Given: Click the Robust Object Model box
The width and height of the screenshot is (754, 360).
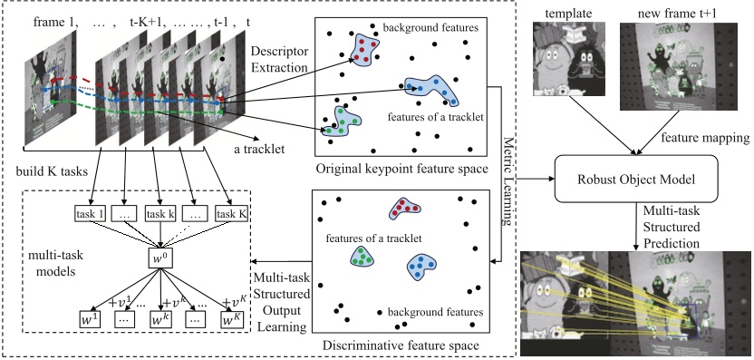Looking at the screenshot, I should coord(635,179).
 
